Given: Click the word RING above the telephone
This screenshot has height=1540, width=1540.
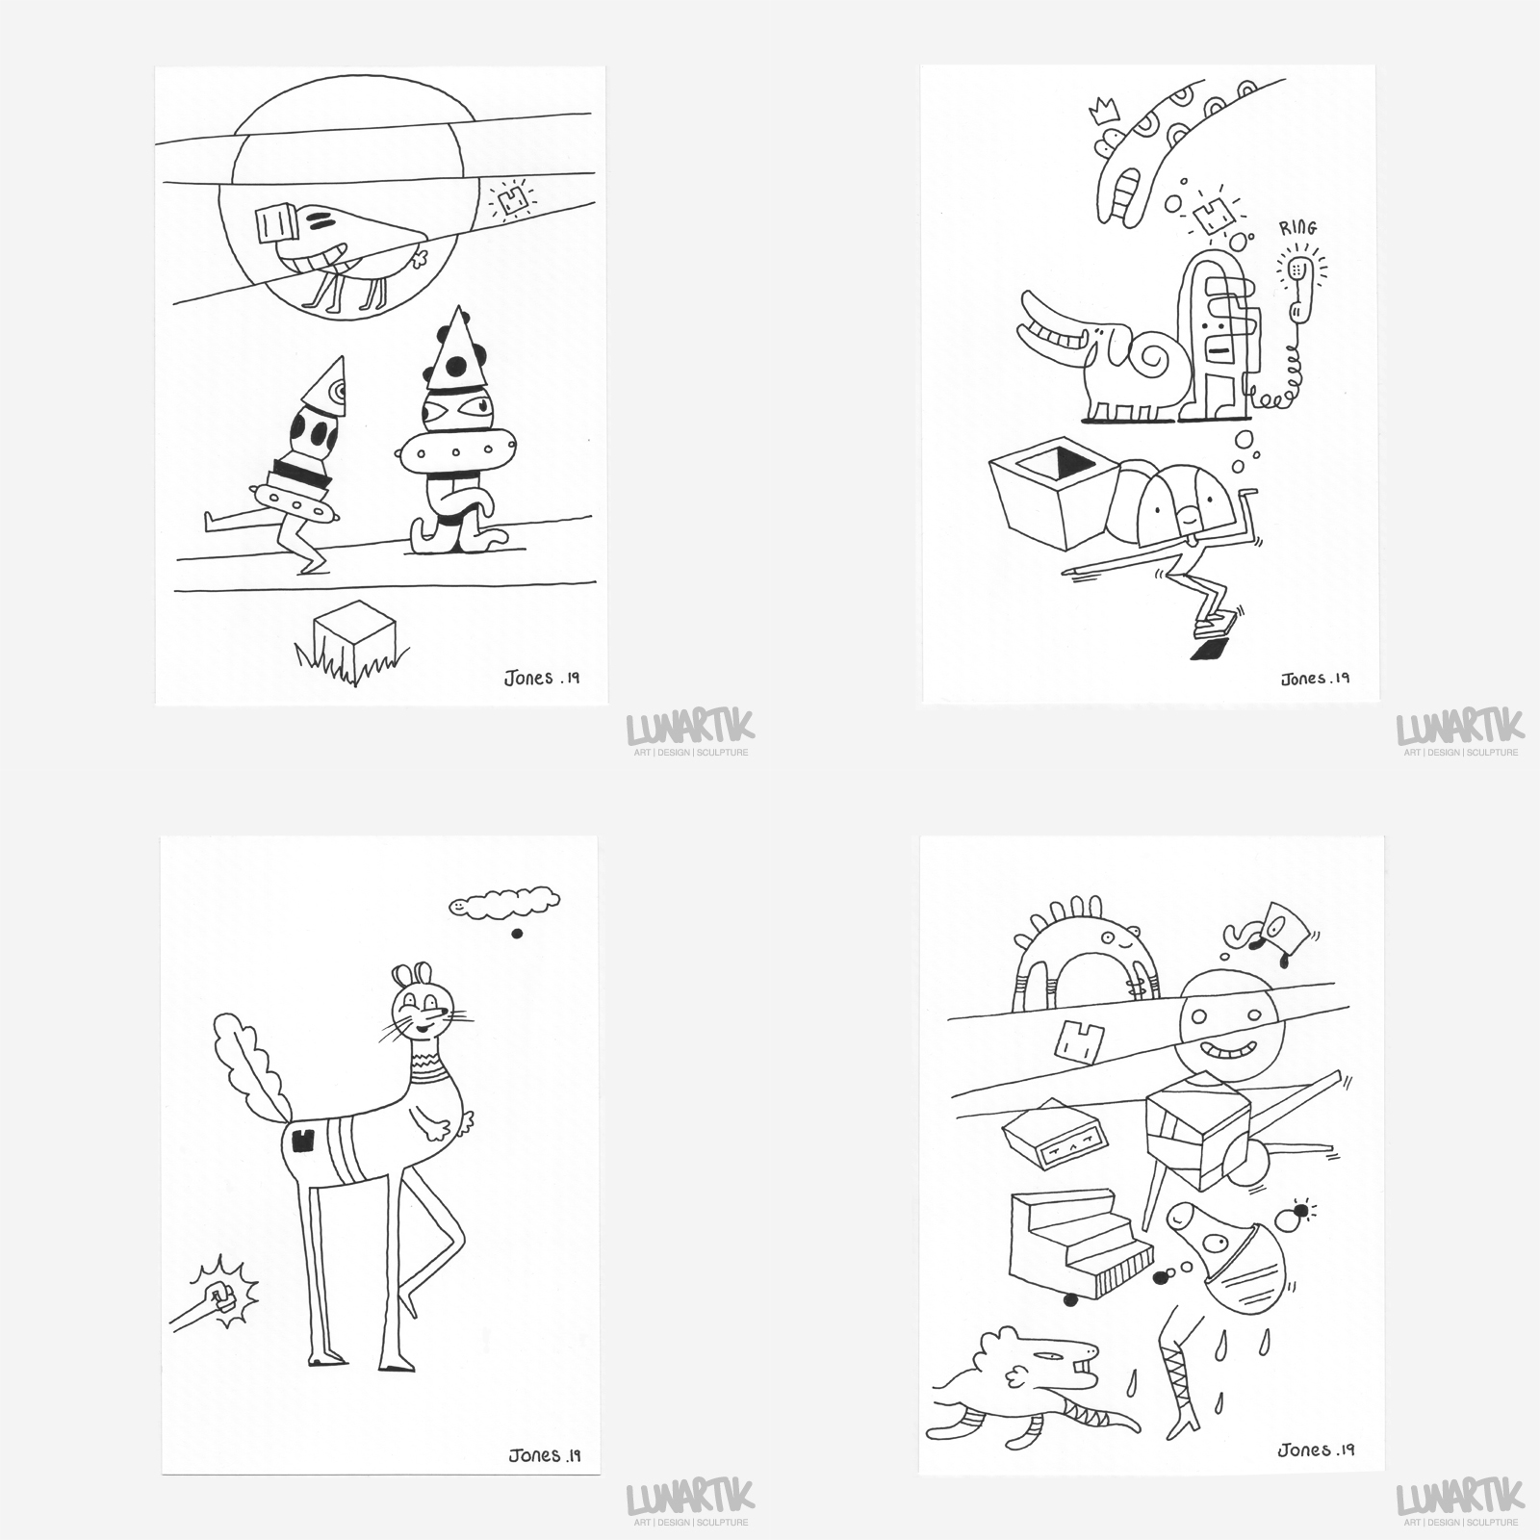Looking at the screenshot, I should [x=1297, y=228].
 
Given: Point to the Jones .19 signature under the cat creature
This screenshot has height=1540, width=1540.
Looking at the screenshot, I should [x=544, y=1455].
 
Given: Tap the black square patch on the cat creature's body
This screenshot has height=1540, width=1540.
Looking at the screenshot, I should [x=305, y=1141].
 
